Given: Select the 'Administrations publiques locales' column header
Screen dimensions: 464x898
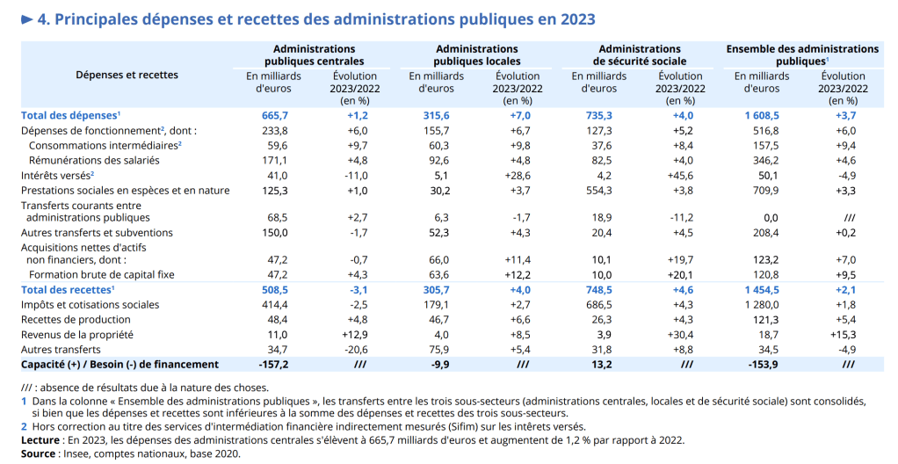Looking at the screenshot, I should coord(476,55).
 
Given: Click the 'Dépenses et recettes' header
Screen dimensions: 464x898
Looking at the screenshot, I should coord(127,75).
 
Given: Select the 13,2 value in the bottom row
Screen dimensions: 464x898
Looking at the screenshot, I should coord(599,364).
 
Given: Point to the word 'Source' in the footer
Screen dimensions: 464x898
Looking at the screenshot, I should coord(38,453).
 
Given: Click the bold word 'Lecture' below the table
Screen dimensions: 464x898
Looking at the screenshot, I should coord(40,440).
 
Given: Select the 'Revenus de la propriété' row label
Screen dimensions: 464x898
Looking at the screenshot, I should coord(76,334).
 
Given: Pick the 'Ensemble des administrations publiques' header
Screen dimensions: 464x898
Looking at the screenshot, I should coord(802,55).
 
